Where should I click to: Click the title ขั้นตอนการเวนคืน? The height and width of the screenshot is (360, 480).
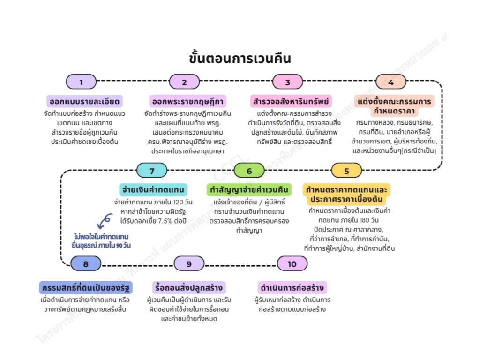[x=240, y=59]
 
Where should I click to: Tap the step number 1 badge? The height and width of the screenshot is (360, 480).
[x=81, y=82]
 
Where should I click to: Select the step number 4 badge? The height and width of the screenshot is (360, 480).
[x=390, y=82]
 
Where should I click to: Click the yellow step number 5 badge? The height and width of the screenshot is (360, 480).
[x=346, y=171]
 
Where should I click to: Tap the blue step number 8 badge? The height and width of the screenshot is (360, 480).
[x=86, y=264]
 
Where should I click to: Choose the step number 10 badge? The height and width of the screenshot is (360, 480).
[x=292, y=264]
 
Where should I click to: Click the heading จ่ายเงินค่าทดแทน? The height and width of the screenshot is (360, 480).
[x=154, y=190]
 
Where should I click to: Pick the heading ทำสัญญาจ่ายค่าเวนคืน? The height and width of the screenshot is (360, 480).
[x=249, y=190]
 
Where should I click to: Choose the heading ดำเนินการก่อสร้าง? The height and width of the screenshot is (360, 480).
[x=292, y=287]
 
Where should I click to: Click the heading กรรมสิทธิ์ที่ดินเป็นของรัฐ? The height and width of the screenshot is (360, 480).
[x=86, y=287]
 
